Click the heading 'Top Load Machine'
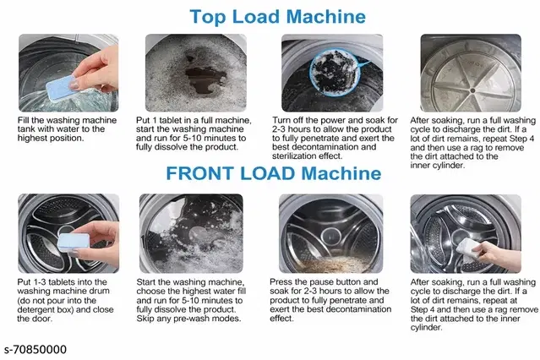click(x=277, y=17)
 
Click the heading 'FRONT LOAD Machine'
click(x=274, y=173)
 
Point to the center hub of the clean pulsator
click(x=473, y=90)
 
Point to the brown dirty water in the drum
click(x=331, y=264)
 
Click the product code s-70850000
click(x=35, y=349)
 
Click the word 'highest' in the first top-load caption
click(x=32, y=138)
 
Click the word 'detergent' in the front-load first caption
click(x=36, y=309)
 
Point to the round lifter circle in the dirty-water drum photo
click(x=331, y=237)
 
